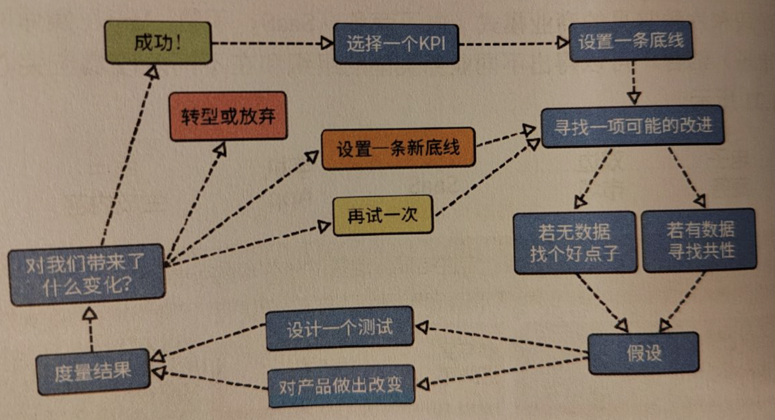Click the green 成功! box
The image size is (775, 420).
(x=158, y=43)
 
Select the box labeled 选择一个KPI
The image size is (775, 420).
(x=396, y=44)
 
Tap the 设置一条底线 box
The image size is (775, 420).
(x=631, y=41)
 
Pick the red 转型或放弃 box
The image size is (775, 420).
(x=228, y=116)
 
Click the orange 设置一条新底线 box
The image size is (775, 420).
(x=398, y=148)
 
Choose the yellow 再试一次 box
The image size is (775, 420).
(x=383, y=215)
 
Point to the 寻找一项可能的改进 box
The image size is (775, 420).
(x=632, y=126)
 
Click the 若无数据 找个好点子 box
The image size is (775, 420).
(x=574, y=242)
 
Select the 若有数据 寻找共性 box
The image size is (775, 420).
(x=699, y=240)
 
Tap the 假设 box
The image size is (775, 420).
(x=644, y=353)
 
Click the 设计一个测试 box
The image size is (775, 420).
(x=339, y=328)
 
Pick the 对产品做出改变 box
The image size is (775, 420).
(x=341, y=386)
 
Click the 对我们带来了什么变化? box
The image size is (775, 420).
(x=86, y=275)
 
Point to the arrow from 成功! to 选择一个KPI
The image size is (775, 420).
(x=272, y=43)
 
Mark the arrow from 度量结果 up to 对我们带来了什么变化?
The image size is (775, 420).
(x=90, y=329)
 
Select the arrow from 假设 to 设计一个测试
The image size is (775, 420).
(x=500, y=339)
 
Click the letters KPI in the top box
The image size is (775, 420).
(x=432, y=44)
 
